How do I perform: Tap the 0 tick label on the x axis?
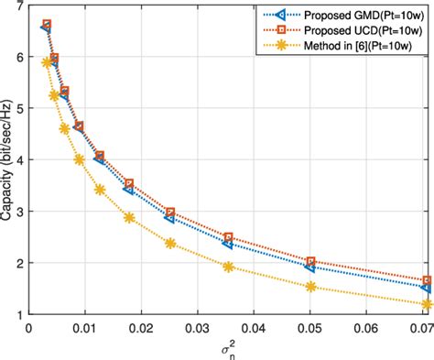pyautogui.click(x=29, y=327)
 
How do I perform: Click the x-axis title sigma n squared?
pyautogui.click(x=226, y=348)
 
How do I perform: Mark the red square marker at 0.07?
pyautogui.click(x=427, y=280)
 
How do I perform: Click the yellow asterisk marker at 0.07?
pyautogui.click(x=427, y=304)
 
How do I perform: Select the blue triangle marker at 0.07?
pyautogui.click(x=427, y=288)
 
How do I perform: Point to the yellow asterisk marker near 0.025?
pyautogui.click(x=170, y=243)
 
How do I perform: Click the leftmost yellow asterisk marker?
pyautogui.click(x=47, y=62)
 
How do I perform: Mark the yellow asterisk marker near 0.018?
pyautogui.click(x=129, y=217)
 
